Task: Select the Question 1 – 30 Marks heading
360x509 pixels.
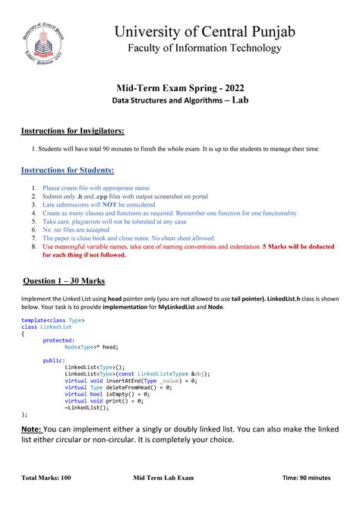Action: click(69, 279)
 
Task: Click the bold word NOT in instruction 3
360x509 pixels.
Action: click(112, 205)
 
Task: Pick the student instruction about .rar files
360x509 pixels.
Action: click(76, 229)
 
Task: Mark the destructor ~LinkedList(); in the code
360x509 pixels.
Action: click(87, 407)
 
